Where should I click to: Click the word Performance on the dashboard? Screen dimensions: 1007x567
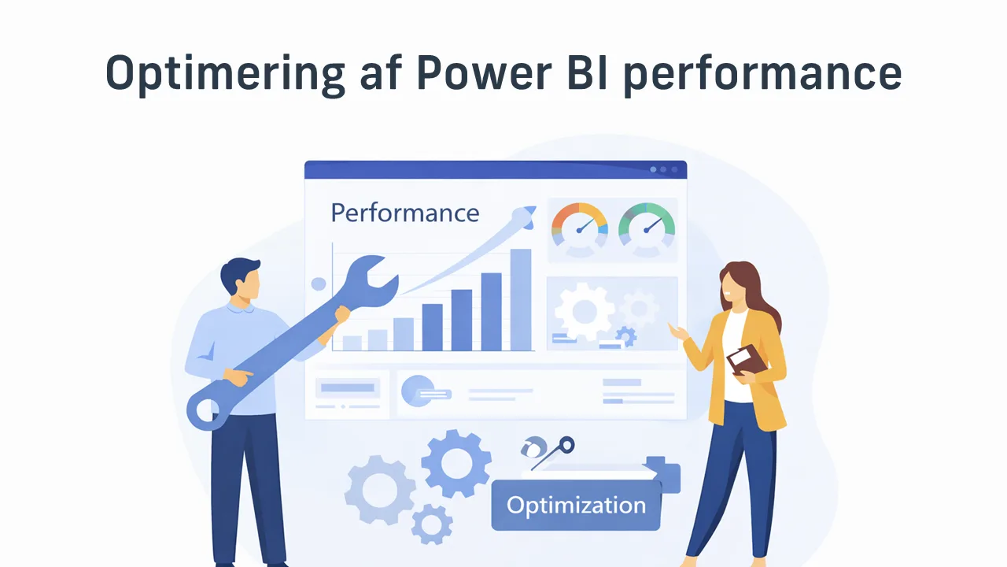point(404,213)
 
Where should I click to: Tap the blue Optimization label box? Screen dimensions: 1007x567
point(576,505)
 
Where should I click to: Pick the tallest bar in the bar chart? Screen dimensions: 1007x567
point(521,299)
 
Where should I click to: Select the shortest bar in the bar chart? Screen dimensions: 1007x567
point(352,343)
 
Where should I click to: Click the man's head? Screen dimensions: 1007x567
point(239,280)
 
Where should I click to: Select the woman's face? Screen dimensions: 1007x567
point(731,283)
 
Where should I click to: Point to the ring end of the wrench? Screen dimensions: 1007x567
point(206,409)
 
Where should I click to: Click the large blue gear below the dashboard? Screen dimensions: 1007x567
point(456,464)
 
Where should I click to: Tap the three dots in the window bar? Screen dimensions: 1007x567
point(662,169)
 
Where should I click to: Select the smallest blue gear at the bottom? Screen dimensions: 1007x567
point(432,522)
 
